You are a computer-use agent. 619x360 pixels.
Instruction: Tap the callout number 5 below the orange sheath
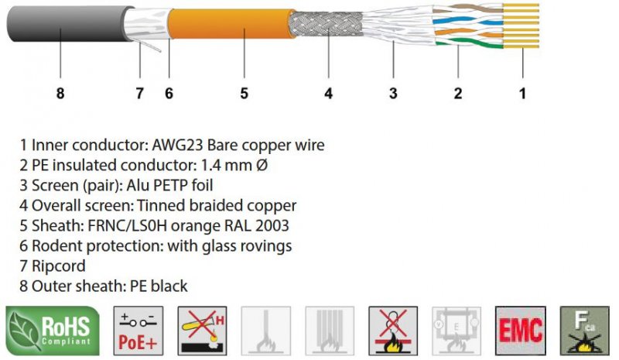click(243, 94)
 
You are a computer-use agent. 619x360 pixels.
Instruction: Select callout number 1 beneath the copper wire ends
click(523, 94)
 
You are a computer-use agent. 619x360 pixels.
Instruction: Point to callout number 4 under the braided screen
click(328, 94)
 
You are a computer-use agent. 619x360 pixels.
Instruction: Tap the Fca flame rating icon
click(584, 329)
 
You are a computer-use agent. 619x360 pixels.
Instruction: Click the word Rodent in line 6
click(56, 245)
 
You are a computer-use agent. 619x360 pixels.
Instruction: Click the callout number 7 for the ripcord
click(139, 94)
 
